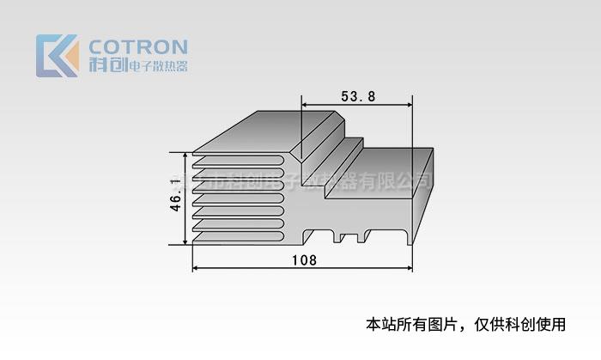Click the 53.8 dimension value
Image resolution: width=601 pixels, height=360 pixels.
pos(358,96)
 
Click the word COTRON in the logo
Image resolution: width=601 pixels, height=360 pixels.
pos(138,46)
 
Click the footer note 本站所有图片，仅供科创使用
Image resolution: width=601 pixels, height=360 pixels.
pos(466,325)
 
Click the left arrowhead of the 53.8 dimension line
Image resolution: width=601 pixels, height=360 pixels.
pos(305,106)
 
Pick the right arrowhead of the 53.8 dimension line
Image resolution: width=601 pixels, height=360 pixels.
pos(409,106)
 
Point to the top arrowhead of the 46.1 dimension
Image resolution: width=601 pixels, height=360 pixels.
pos(185,156)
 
